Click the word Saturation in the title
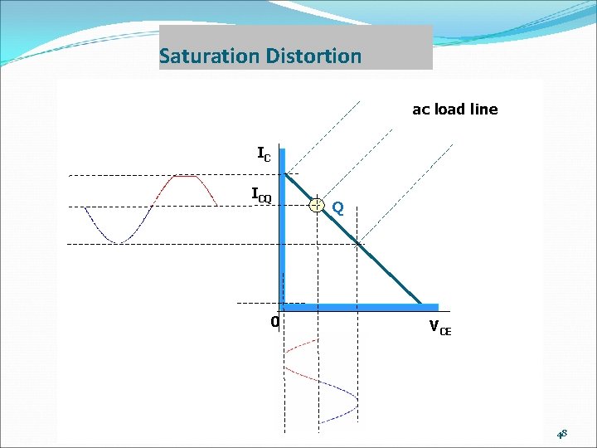[x=210, y=56]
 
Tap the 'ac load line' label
[x=455, y=109]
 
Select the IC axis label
[x=264, y=153]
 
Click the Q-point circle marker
[x=317, y=205]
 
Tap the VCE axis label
[x=440, y=327]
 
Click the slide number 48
[x=561, y=433]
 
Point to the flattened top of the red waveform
[x=184, y=176]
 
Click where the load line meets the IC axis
[x=285, y=174]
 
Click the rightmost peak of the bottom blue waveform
[x=357, y=405]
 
